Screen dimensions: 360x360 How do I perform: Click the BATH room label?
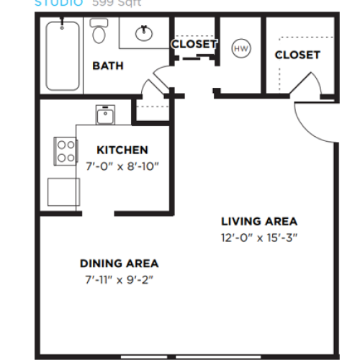point(108,66)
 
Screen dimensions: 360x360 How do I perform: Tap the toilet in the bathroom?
point(99,31)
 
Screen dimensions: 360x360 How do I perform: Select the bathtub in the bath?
point(61,55)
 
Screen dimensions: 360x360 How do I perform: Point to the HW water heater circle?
point(240,48)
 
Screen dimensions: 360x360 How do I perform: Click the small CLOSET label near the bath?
point(194,44)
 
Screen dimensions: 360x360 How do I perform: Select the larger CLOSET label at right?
point(297,55)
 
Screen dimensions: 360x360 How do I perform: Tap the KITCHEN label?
point(122,150)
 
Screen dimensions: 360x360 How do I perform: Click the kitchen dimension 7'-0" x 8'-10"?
point(122,166)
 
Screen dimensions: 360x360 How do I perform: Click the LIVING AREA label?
point(258,221)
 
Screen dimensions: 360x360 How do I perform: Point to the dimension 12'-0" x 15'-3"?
point(258,237)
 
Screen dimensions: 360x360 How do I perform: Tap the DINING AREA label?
point(120,264)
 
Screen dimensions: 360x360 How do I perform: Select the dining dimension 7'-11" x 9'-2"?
point(120,279)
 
